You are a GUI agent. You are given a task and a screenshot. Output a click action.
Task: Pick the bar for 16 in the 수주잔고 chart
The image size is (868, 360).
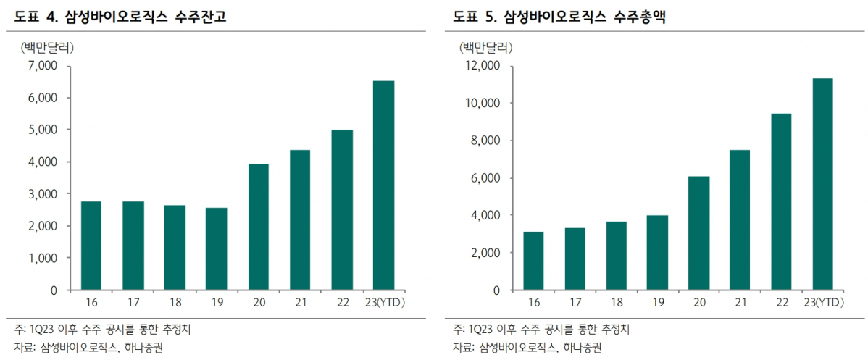click(x=91, y=246)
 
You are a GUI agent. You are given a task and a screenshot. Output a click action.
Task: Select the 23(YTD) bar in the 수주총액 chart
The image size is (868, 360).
click(x=822, y=184)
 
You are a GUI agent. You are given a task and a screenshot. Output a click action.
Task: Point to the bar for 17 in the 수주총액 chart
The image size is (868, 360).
click(x=575, y=259)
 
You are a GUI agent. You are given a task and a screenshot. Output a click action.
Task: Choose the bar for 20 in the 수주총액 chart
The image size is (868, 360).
click(x=698, y=233)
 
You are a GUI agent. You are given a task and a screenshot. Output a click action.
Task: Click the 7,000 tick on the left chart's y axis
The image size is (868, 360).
click(x=42, y=66)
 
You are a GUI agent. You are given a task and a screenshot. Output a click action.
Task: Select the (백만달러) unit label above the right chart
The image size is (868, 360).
click(x=485, y=48)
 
